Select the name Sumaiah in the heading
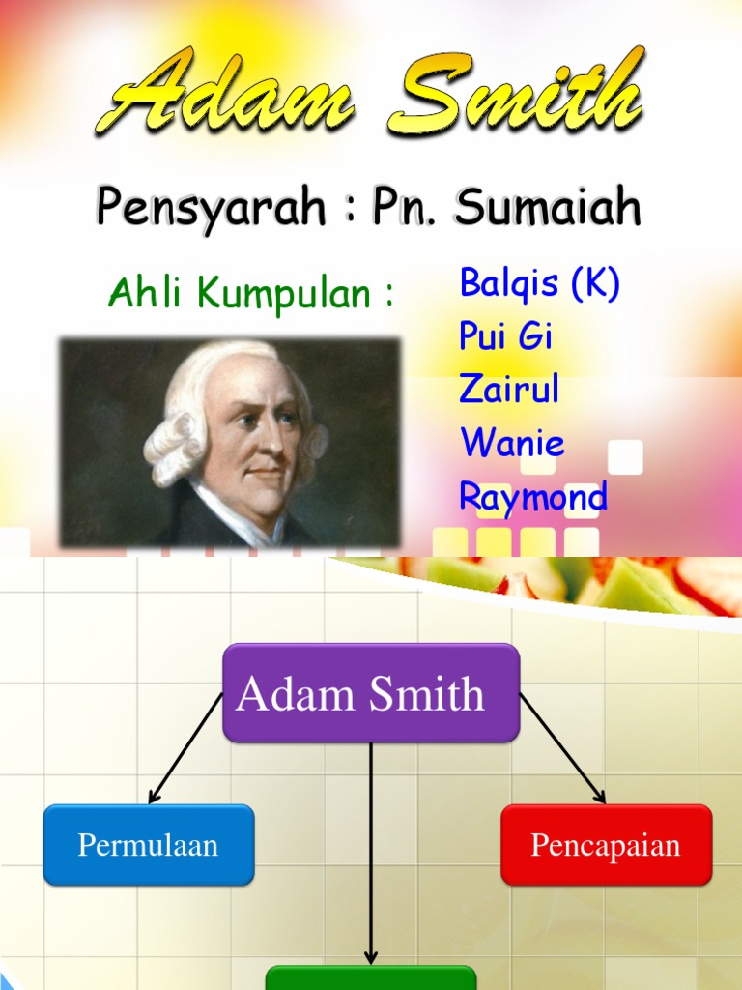pos(548,207)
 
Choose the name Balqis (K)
pos(539,283)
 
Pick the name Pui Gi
pos(505,336)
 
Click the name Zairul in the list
pos(509,390)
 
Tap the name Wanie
pos(512,444)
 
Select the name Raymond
pos(533,497)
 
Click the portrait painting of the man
pos(230,443)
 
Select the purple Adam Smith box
pos(371,693)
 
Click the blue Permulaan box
pos(149,845)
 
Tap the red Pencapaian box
pos(606,845)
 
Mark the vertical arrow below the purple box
pos(371,851)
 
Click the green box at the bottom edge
pos(371,977)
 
